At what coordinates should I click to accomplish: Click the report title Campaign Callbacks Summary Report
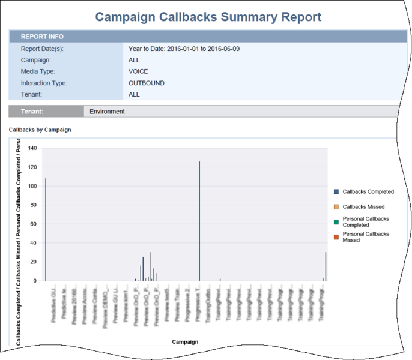208,17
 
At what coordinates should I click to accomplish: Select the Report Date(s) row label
42,49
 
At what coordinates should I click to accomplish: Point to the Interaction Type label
44,83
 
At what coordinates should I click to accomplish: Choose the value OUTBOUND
147,83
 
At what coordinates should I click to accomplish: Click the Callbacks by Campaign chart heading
40,130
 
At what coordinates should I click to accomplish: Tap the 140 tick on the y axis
32,148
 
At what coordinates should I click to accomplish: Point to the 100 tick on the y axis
32,186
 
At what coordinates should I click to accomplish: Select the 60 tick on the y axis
34,224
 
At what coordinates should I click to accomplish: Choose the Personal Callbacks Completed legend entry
365,221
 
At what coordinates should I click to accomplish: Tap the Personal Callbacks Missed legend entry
365,236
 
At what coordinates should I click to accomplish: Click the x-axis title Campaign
185,342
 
